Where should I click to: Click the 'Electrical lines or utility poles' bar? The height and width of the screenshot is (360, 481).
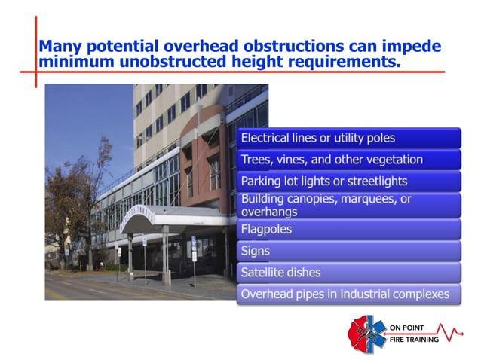[x=348, y=138]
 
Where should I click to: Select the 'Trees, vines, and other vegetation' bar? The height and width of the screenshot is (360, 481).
[x=348, y=160]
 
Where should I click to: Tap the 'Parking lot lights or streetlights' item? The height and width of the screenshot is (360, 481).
[x=348, y=182]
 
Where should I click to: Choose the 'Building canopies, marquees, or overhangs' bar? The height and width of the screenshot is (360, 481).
[x=348, y=205]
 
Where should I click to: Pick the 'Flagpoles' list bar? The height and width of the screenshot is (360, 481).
[x=348, y=228]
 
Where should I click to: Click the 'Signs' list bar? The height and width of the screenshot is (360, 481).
[x=348, y=250]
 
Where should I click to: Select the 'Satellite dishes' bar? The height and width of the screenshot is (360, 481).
[x=348, y=272]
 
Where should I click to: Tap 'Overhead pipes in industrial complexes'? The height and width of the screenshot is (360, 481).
[x=348, y=294]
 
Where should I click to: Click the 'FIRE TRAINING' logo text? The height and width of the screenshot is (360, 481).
[x=418, y=340]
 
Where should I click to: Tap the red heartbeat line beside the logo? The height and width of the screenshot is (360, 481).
[x=455, y=332]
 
